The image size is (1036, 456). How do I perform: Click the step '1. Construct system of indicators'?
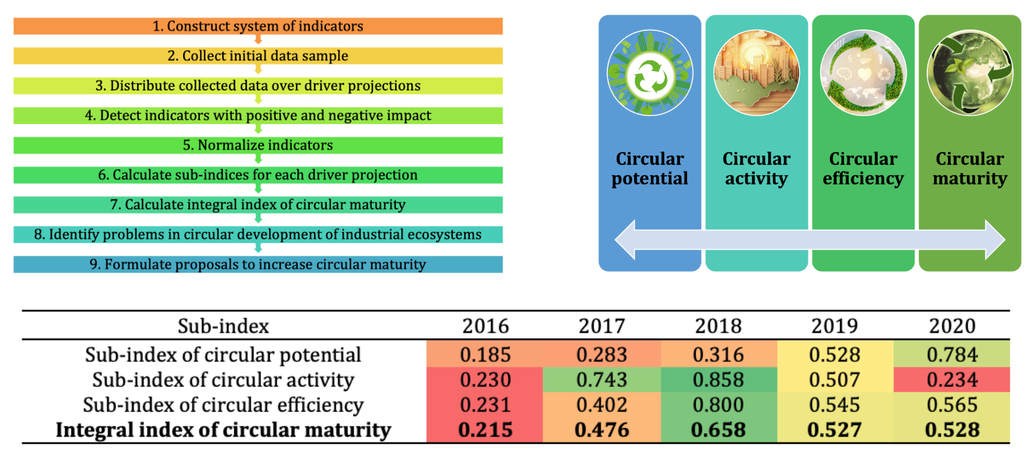coord(258,26)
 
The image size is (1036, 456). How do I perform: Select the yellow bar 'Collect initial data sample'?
coord(258,56)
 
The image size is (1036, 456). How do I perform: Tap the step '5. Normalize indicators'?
coord(258,145)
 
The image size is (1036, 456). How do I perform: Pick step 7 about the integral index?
coord(258,204)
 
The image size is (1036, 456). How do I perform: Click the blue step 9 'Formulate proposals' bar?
coord(258,264)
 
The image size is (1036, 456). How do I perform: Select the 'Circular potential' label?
coord(649,168)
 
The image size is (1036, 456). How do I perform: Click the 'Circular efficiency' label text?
coord(862,168)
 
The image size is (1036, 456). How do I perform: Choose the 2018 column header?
coord(719,326)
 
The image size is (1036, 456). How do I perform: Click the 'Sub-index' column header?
coord(223,326)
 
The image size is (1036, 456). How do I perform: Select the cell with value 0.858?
coord(719,380)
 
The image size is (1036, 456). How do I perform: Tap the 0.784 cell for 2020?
coord(953,355)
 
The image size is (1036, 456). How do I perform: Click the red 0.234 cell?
coord(953,380)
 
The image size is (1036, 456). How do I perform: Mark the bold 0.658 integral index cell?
coord(719,429)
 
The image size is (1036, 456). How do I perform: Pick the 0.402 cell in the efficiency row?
coord(603,405)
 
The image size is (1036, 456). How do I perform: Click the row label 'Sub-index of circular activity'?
coord(223,380)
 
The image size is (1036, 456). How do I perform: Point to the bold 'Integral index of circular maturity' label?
coord(223,429)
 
